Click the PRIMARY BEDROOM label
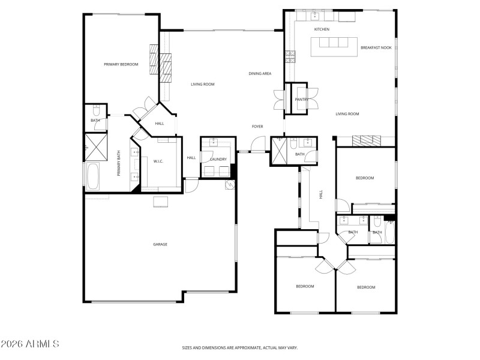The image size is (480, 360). (121, 64)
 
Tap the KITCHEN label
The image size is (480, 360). (322, 29)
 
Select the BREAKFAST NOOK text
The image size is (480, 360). (376, 47)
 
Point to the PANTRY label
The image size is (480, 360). (301, 100)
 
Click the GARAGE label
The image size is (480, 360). (160, 244)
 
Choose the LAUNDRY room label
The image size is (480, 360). (218, 159)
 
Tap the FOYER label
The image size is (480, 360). (258, 127)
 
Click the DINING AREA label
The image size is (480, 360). (260, 74)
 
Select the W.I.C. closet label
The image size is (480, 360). (158, 161)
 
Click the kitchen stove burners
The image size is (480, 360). (290, 56)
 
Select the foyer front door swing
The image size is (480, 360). (257, 145)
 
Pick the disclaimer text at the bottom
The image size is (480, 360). (240, 347)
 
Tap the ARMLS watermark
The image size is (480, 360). (30, 344)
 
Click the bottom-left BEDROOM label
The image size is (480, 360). (305, 286)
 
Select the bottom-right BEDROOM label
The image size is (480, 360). (366, 287)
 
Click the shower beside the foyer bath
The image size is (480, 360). (278, 150)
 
